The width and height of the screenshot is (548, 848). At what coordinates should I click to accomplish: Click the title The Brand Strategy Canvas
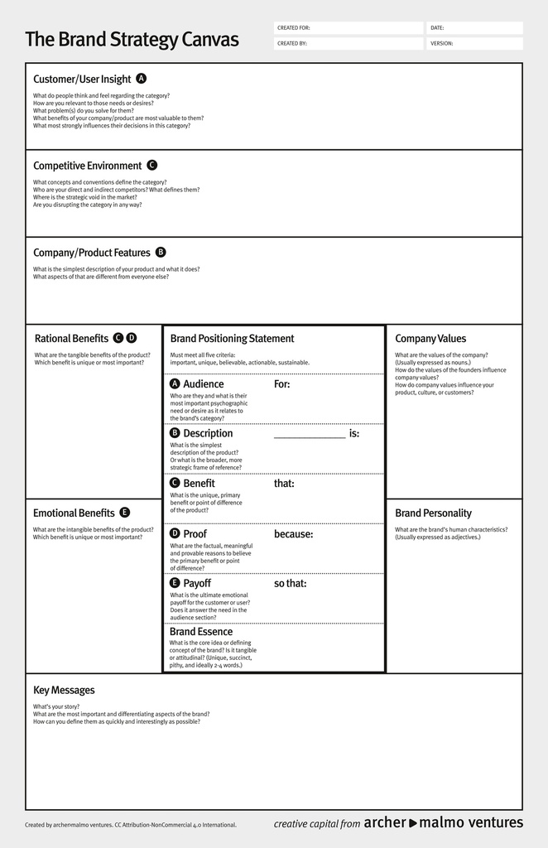(132, 40)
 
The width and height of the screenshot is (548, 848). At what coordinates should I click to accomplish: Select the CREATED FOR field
(348, 28)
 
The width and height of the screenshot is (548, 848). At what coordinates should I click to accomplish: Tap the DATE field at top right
(474, 28)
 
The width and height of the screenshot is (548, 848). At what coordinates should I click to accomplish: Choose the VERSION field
(474, 43)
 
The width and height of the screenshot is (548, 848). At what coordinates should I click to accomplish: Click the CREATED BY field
(348, 43)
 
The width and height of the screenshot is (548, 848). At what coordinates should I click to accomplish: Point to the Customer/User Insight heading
(82, 79)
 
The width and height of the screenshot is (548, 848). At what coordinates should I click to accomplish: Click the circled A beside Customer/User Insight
(142, 79)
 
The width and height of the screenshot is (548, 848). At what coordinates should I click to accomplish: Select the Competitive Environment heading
(87, 166)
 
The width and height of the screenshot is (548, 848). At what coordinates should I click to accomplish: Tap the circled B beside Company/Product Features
(161, 253)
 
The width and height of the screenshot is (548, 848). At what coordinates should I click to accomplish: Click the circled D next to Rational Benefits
(132, 338)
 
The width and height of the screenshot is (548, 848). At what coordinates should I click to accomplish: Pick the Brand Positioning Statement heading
(232, 339)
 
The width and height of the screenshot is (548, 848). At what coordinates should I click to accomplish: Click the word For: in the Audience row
(282, 384)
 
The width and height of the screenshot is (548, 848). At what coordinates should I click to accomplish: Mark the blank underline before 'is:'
(309, 435)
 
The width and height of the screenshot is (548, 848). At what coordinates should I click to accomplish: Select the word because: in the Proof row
(293, 534)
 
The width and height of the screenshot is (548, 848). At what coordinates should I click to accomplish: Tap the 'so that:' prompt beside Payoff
(290, 584)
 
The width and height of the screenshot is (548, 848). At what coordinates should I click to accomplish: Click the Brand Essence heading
(201, 632)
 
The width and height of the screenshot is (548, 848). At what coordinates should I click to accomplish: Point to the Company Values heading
(430, 339)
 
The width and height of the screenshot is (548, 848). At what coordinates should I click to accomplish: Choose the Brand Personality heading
(433, 513)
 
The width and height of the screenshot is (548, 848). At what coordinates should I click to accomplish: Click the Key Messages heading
(64, 691)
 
